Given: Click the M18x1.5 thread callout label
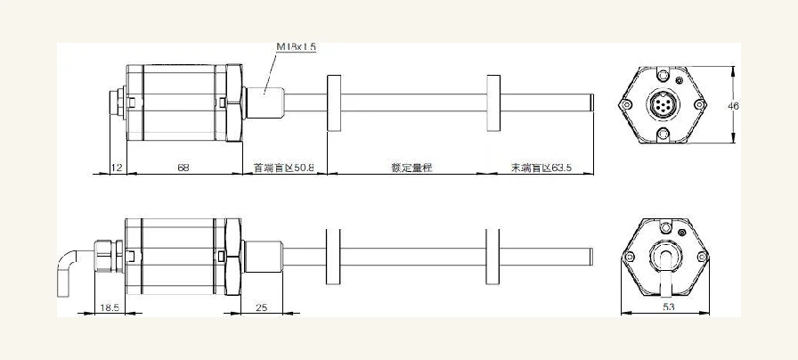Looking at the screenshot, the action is (297, 47).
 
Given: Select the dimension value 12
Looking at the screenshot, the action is (117, 168).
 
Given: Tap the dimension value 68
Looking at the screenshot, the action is (183, 168).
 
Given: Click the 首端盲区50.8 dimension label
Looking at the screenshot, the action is (284, 168).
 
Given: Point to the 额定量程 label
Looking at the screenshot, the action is (411, 168).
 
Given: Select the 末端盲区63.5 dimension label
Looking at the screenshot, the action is (541, 168).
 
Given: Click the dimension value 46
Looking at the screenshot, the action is (733, 106).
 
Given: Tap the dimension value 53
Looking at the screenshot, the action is (668, 307).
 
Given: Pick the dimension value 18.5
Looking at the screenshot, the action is (110, 307).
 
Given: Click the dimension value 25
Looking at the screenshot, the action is (262, 307).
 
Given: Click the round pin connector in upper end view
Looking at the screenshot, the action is (664, 105).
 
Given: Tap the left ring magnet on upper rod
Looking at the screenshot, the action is (334, 103).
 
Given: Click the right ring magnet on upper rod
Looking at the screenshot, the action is (493, 103).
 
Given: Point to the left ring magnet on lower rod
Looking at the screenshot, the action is (333, 257).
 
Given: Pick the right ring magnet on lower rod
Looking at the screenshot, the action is (493, 257).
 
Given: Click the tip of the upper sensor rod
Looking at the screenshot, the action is (593, 102).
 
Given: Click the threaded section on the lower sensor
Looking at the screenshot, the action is (264, 257).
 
